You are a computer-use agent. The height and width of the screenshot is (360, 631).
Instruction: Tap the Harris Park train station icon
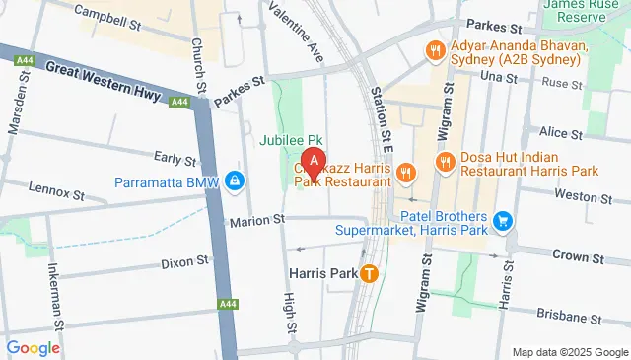pos(369,273)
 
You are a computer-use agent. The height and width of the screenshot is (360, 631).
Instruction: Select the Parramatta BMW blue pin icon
pos(235,181)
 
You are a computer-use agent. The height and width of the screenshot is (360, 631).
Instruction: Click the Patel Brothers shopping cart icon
pos(504,219)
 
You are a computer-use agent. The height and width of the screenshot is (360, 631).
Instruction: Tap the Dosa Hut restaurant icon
pos(446,162)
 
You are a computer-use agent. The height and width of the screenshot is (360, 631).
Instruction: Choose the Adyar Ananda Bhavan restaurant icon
pos(432,50)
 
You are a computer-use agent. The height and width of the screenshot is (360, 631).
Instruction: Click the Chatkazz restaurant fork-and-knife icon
pos(405,175)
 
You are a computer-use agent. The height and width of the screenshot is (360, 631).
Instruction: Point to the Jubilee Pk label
pos(292,139)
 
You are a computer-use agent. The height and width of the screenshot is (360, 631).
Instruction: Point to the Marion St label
pos(256,220)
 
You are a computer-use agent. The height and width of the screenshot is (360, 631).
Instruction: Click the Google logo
pos(34,347)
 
